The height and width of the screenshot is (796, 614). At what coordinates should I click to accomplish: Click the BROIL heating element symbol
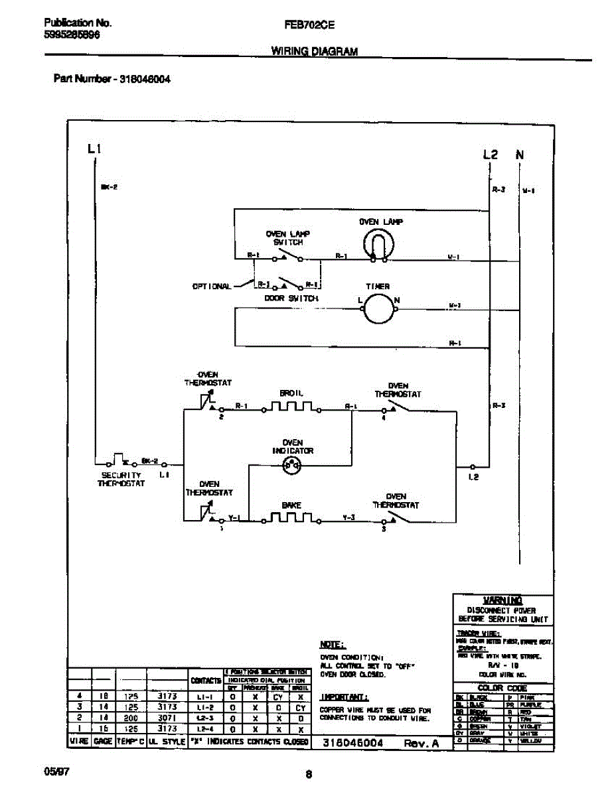click(291, 407)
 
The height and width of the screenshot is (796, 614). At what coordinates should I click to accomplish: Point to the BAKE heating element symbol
click(291, 517)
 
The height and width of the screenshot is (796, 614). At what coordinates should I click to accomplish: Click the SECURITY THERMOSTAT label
click(121, 480)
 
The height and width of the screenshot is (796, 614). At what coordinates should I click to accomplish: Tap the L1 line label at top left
click(94, 149)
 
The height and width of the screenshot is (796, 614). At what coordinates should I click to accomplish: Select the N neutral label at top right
click(520, 155)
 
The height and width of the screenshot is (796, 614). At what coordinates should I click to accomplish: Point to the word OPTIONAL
click(212, 287)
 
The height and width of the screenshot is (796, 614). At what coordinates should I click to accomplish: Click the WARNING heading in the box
click(502, 600)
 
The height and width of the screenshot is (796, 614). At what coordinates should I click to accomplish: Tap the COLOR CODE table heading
click(503, 688)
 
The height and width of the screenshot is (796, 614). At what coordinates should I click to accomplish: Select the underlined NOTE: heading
click(332, 644)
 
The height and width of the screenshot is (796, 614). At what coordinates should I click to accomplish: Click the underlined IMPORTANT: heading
click(344, 697)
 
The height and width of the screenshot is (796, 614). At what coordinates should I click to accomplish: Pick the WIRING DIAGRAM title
click(315, 51)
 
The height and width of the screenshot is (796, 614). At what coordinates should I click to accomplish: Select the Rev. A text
click(422, 744)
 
